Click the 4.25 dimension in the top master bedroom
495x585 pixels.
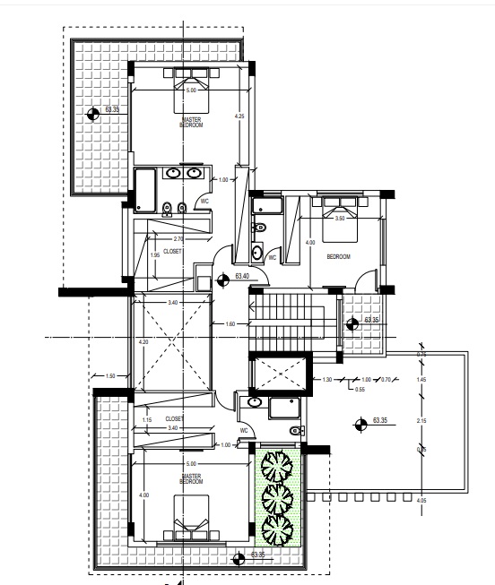(x=239, y=116)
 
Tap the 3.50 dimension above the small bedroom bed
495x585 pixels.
(x=339, y=219)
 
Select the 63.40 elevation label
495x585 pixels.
(x=242, y=276)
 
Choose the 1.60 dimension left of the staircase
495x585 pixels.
(x=230, y=324)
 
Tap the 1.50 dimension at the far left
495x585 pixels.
(x=110, y=376)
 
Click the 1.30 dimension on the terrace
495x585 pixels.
(x=326, y=380)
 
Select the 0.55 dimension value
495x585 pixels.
(x=360, y=389)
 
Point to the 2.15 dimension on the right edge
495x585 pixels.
(x=421, y=420)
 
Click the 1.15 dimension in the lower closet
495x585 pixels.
(x=147, y=420)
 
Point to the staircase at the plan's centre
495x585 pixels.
(x=282, y=323)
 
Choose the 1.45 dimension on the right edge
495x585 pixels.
(x=421, y=381)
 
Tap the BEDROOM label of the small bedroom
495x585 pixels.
(x=337, y=257)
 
